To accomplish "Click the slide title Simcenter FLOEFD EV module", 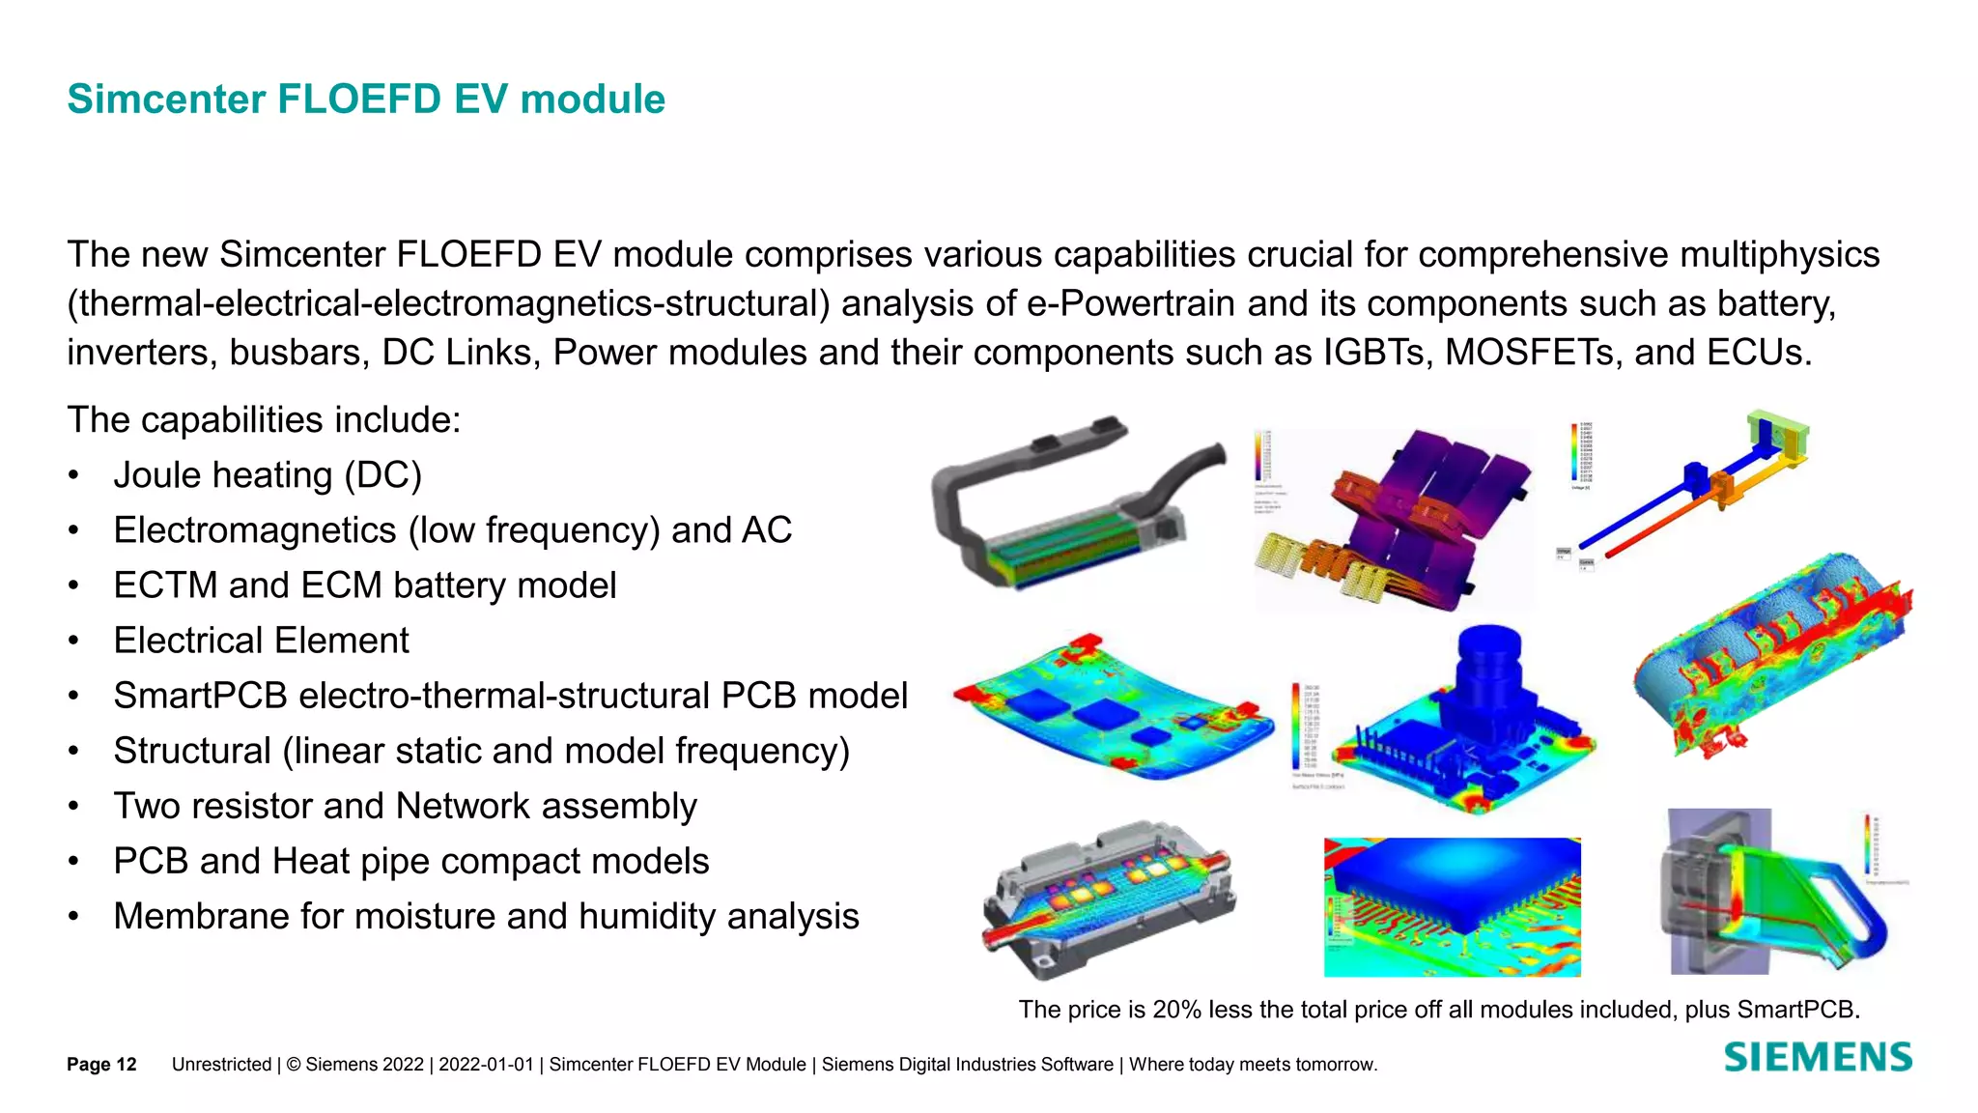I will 366,100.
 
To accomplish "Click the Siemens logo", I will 1817,1058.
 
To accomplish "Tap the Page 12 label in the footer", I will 101,1065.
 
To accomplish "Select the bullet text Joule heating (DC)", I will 268,475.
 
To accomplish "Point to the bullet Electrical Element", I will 261,641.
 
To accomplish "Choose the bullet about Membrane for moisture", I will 486,916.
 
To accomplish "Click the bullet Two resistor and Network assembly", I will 405,806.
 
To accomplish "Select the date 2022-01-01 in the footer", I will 486,1065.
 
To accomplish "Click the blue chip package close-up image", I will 1452,906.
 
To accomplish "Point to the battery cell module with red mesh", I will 1772,657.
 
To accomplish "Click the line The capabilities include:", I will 264,420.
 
